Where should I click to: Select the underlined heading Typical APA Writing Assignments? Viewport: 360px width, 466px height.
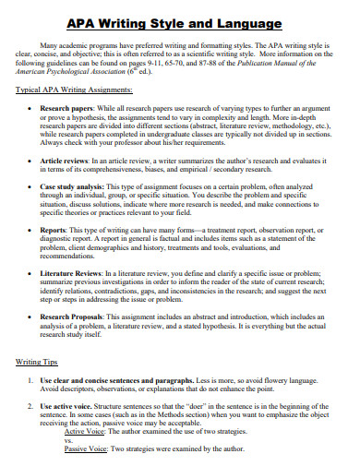coord(74,90)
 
